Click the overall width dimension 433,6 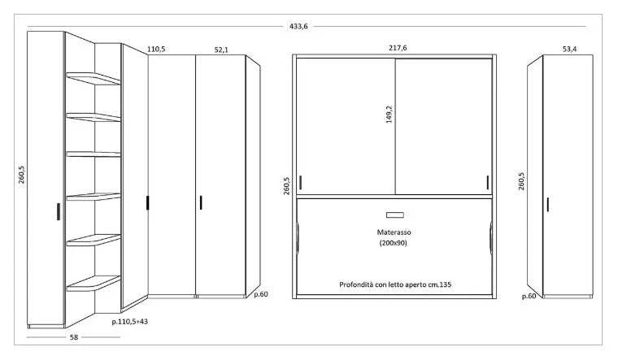click(x=298, y=26)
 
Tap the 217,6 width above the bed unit click(x=398, y=48)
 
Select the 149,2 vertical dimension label click(x=389, y=115)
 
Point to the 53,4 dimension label click(x=569, y=49)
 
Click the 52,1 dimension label click(x=221, y=50)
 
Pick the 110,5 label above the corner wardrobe click(x=156, y=50)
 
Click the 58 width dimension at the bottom click(x=74, y=337)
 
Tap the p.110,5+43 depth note click(x=129, y=322)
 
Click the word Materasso click(x=394, y=232)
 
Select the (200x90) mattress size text click(x=394, y=243)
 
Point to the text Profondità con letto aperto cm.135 click(x=395, y=284)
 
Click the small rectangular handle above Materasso click(x=395, y=215)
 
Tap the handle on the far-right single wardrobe click(x=548, y=204)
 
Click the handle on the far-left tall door click(x=59, y=211)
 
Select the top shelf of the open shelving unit click(x=94, y=78)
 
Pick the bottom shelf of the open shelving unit click(x=94, y=283)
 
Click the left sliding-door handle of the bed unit click(x=300, y=182)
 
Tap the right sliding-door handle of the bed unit click(x=488, y=182)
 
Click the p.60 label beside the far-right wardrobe click(x=529, y=296)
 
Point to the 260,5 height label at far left click(x=21, y=174)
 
